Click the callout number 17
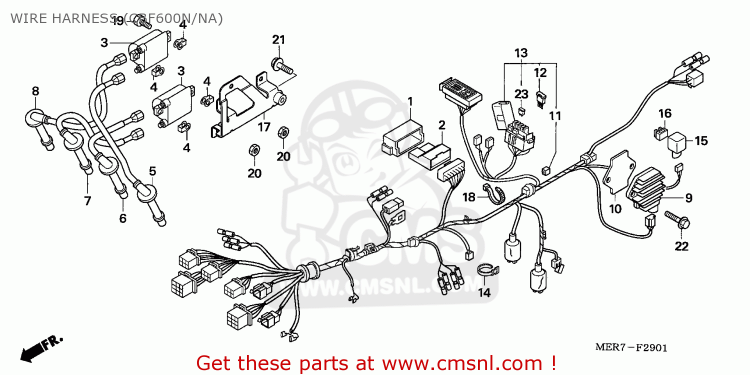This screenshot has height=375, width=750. click(x=264, y=127)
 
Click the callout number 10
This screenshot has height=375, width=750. click(x=615, y=209)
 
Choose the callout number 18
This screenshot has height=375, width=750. click(x=468, y=197)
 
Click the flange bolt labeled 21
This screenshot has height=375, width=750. click(x=280, y=65)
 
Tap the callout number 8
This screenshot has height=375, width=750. click(x=35, y=91)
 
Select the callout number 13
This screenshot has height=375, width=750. click(x=521, y=52)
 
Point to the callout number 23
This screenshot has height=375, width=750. click(x=521, y=93)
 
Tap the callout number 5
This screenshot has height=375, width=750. click(x=152, y=171)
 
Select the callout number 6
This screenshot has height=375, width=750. click(x=122, y=218)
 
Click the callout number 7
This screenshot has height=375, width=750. click(x=87, y=201)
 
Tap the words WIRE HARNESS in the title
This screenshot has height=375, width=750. click(x=65, y=18)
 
